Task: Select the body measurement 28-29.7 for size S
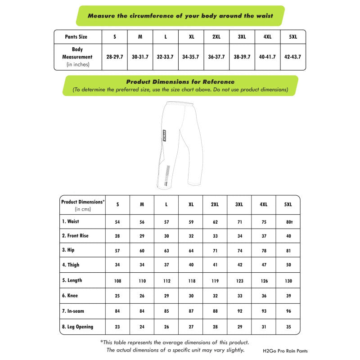tap(115, 57)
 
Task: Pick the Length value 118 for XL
tap(191, 281)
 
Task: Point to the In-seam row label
tap(73, 311)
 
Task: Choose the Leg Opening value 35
tap(288, 327)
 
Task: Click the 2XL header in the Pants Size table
tap(216, 37)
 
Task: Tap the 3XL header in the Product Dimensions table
tap(239, 204)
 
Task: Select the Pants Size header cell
tap(76, 37)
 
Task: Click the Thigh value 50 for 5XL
tap(288, 265)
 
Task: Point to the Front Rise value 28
tap(117, 236)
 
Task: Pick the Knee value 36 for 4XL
tap(264, 296)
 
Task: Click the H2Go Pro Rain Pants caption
tap(285, 351)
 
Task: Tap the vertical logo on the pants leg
tap(165, 135)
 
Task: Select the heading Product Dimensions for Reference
tap(180, 82)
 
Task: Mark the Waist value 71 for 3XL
tap(239, 222)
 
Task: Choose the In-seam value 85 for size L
tap(166, 311)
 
